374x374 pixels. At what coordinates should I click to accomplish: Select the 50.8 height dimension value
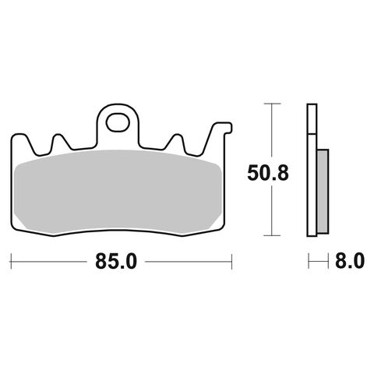click(270, 172)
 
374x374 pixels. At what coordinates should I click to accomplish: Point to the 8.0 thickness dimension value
click(348, 263)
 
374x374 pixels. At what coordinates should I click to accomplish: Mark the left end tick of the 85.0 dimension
click(11, 263)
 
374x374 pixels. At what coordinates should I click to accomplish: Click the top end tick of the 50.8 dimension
click(270, 103)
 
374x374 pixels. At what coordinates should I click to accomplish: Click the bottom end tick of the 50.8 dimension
click(270, 235)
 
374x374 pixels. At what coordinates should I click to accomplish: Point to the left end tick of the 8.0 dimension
click(309, 263)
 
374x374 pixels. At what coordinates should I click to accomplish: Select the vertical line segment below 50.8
click(270, 210)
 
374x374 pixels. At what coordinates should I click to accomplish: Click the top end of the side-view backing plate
click(312, 107)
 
